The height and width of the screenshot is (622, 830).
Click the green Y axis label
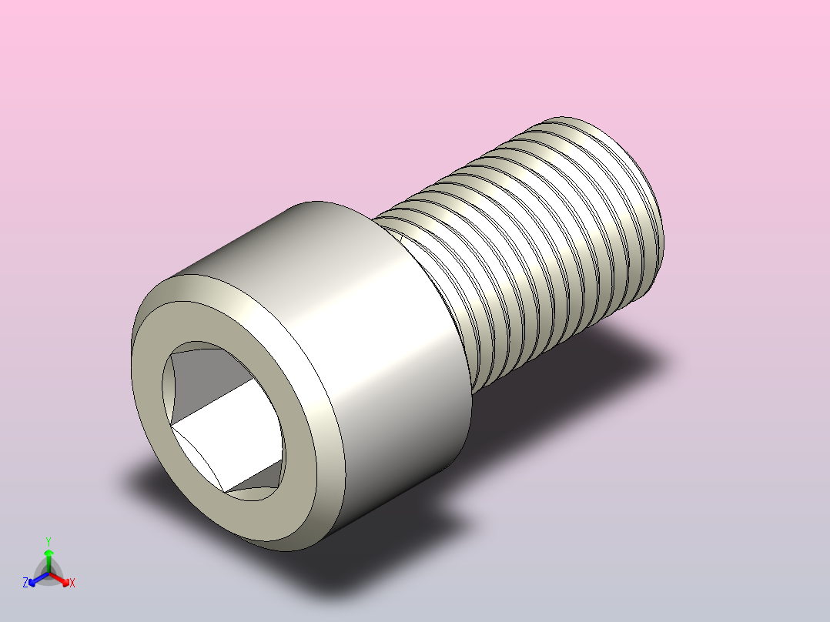(x=49, y=541)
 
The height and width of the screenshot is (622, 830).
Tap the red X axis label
(x=72, y=583)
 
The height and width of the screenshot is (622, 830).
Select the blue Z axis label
(x=25, y=583)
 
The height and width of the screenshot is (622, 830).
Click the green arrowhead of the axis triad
(x=49, y=553)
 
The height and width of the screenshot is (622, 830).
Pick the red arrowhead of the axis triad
(x=64, y=580)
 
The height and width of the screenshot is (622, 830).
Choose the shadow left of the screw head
(x=146, y=477)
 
